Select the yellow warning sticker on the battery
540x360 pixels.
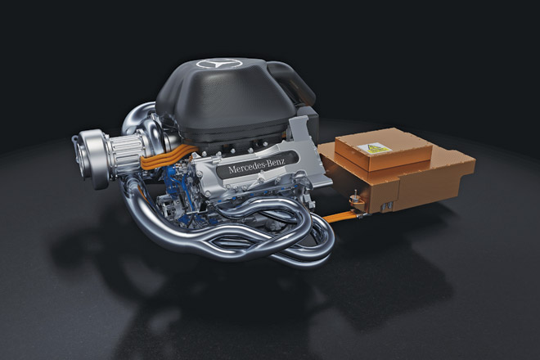[374, 148]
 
